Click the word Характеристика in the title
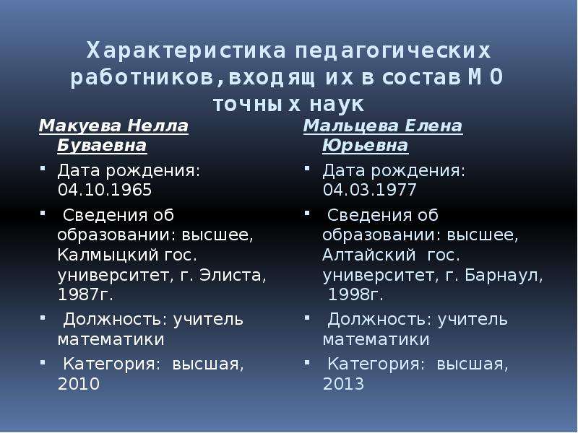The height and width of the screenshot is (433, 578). click(186, 51)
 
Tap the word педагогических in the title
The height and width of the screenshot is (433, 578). click(392, 51)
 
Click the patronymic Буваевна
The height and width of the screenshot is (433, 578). click(102, 146)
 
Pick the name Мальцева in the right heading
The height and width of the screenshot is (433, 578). click(351, 126)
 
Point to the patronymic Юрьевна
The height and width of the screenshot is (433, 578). click(366, 146)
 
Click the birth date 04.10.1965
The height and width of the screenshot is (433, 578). click(105, 190)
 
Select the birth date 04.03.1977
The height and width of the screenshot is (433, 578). click(369, 190)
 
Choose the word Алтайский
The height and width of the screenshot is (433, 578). click(369, 255)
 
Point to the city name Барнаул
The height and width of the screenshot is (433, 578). click(504, 276)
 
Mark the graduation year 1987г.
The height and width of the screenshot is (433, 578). click(85, 294)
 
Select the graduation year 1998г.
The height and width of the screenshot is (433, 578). click(355, 294)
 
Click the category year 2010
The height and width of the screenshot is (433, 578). click(79, 384)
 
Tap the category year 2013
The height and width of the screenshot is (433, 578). click(344, 384)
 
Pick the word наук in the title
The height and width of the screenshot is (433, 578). click(337, 105)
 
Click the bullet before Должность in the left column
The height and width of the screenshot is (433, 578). click(43, 318)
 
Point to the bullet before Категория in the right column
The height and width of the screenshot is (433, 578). click(307, 363)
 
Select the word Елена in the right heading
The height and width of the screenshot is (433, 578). click(433, 126)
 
